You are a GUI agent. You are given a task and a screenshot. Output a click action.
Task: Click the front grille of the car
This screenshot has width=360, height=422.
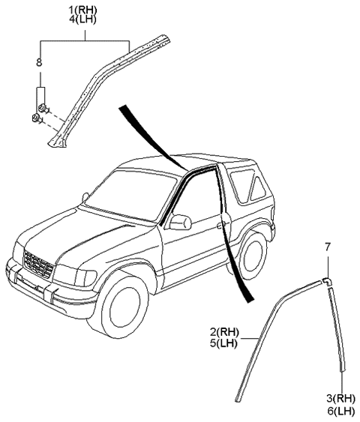(x=38, y=265)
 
